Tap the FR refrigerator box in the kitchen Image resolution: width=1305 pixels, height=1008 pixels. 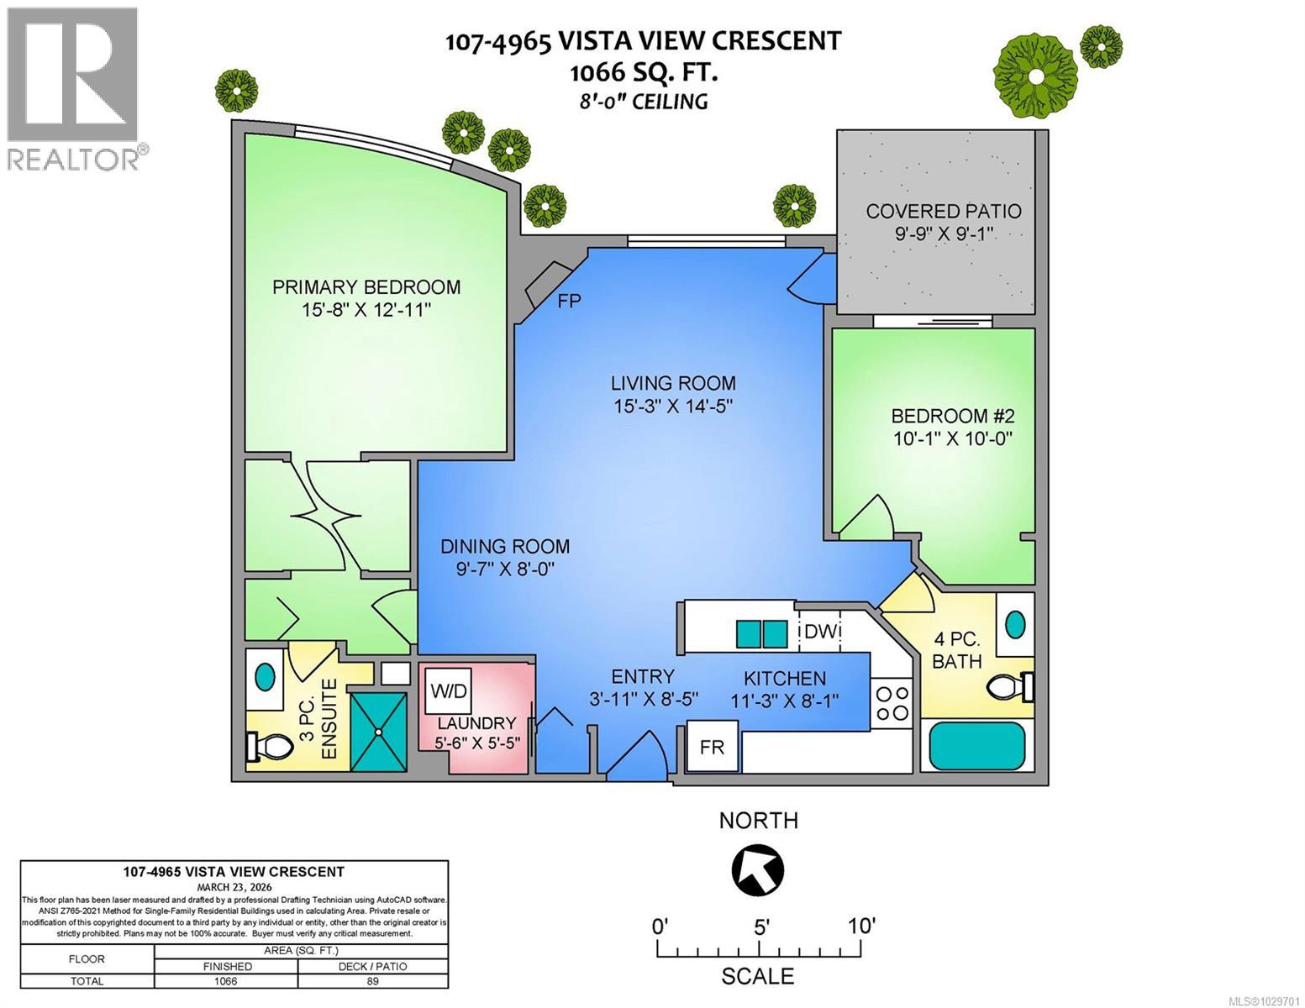click(713, 746)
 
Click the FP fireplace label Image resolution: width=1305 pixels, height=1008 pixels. click(569, 301)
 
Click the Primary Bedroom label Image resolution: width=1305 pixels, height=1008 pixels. click(366, 287)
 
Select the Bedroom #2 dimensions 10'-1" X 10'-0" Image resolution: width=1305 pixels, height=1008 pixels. click(953, 438)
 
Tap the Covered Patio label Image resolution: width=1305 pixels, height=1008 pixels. click(944, 211)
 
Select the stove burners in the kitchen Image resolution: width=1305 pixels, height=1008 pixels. click(892, 703)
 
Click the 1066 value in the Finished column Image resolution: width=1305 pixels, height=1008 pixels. click(226, 981)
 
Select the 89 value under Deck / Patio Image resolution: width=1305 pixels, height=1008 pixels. click(373, 981)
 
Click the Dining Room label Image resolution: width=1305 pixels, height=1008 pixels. click(505, 547)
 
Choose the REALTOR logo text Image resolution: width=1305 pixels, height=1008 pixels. click(74, 158)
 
